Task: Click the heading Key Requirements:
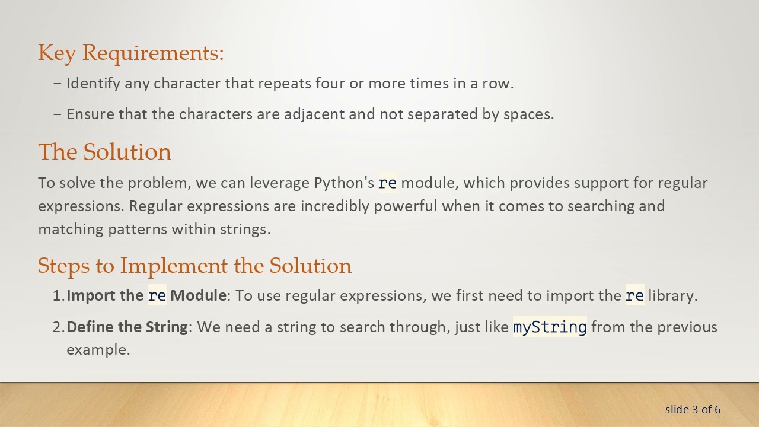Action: (130, 53)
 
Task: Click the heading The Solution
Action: (104, 152)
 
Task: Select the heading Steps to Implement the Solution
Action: (194, 265)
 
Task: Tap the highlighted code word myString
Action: (550, 327)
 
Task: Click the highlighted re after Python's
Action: (387, 183)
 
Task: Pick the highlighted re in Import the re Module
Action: (157, 295)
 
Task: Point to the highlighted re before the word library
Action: (634, 295)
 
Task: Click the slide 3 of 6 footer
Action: (693, 409)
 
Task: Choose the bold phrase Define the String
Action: (127, 327)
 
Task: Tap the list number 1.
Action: (58, 295)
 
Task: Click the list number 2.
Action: (58, 327)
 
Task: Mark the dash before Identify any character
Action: (58, 83)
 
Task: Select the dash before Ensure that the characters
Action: (58, 114)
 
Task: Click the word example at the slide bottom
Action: (97, 349)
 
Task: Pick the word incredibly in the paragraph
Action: (334, 206)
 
